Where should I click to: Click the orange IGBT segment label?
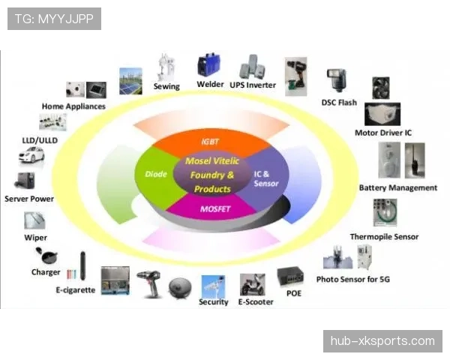click(210, 142)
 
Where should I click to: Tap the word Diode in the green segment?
click(156, 174)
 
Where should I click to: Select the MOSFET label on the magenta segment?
click(215, 209)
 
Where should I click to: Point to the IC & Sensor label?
click(266, 178)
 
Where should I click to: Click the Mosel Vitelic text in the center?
click(212, 160)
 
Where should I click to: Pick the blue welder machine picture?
click(208, 64)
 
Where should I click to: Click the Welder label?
click(210, 85)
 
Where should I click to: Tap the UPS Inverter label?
click(253, 85)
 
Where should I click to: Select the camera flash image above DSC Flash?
click(337, 80)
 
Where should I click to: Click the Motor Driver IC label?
click(383, 133)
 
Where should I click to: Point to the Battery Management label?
click(398, 187)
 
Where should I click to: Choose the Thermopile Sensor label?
click(384, 237)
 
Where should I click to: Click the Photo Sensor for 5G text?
click(353, 279)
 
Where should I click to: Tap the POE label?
click(294, 293)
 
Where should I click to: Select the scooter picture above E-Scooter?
click(253, 284)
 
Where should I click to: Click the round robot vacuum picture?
click(180, 288)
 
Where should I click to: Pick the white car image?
click(31, 155)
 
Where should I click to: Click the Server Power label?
click(29, 199)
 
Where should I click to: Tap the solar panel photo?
click(130, 81)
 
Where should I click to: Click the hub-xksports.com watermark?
click(382, 341)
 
